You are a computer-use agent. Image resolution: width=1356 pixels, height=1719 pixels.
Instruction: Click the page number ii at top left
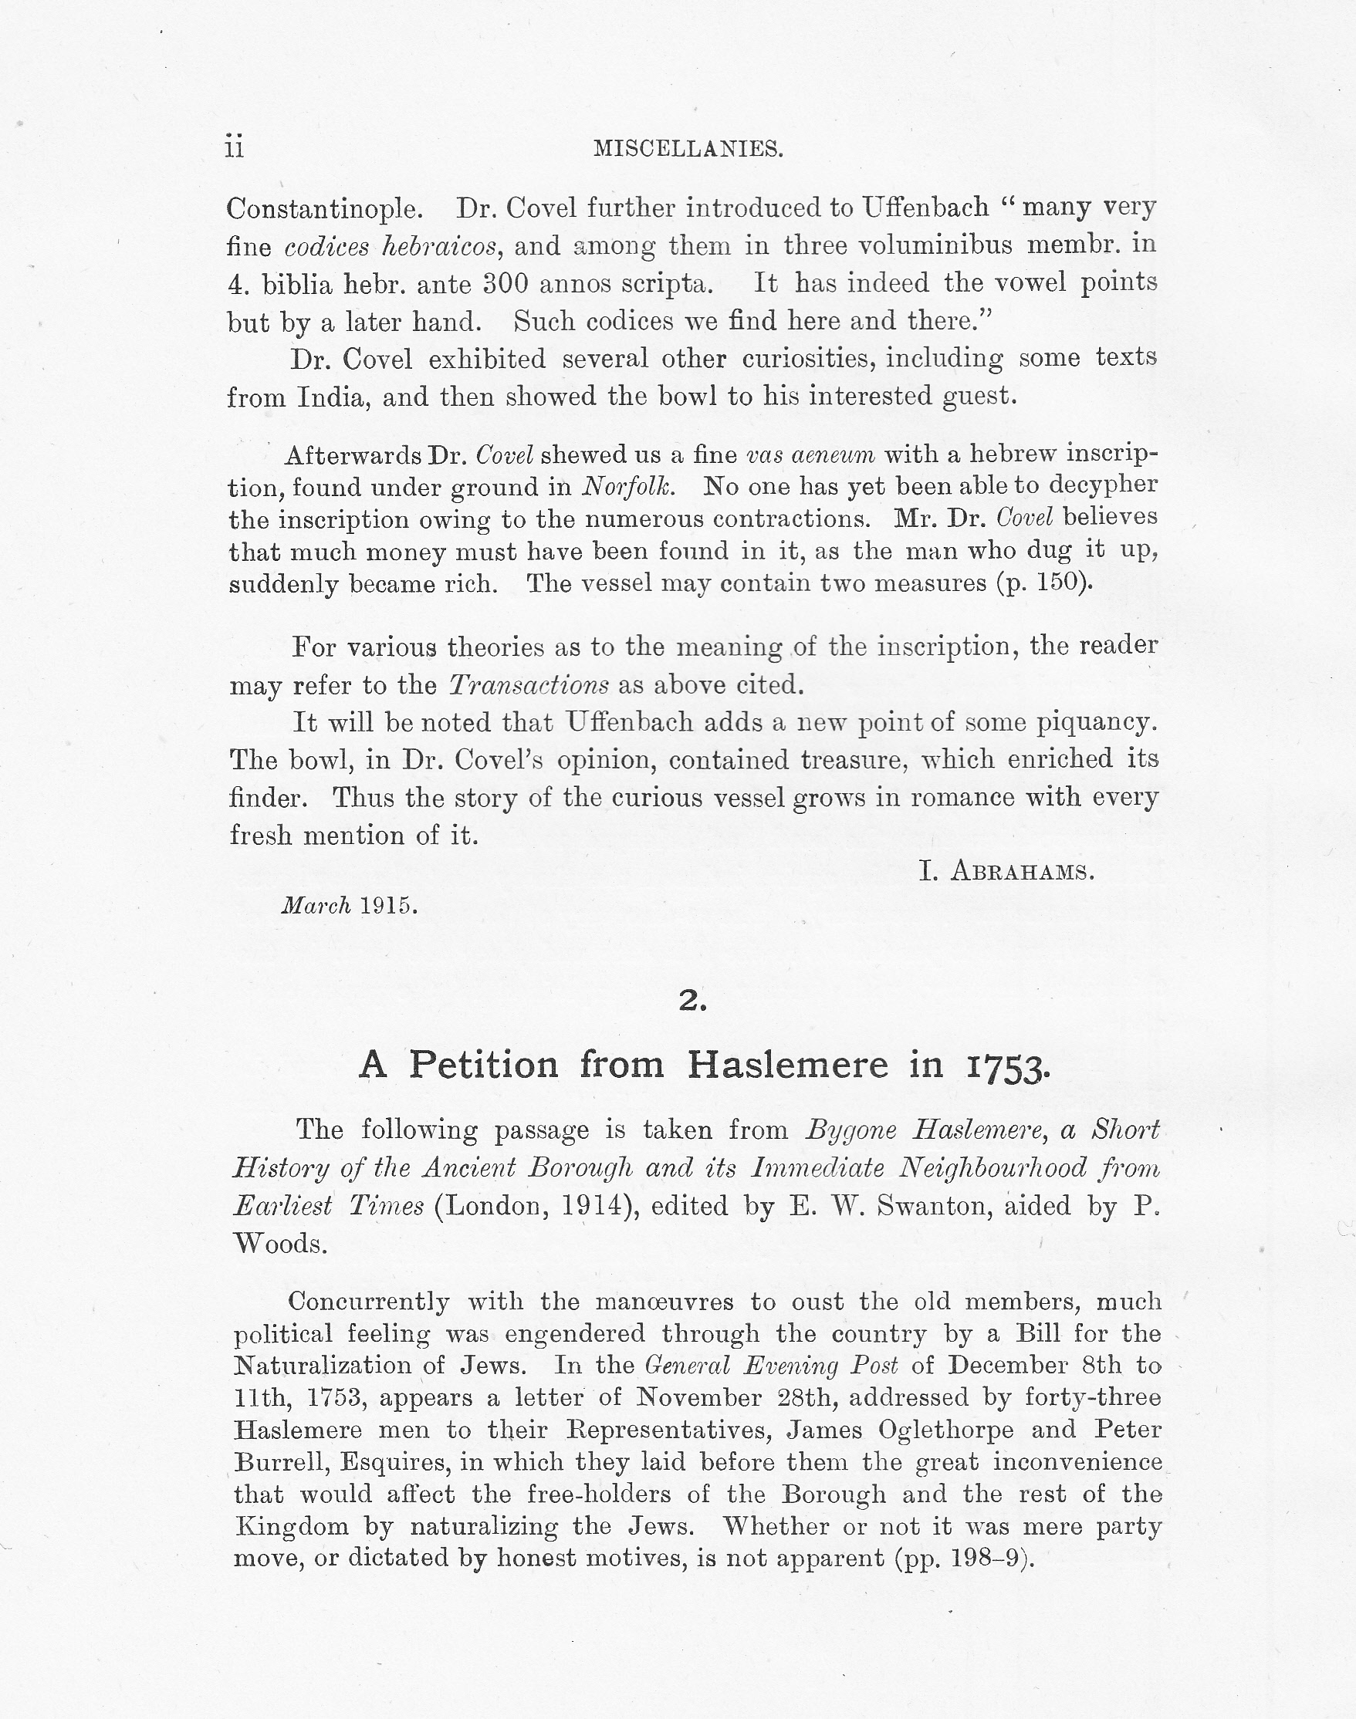[x=234, y=147]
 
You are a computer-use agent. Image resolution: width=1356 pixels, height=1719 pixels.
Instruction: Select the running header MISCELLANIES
[x=688, y=148]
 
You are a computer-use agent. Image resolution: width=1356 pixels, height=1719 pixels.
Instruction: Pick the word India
[x=333, y=397]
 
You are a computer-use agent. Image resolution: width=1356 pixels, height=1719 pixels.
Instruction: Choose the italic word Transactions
[x=529, y=684]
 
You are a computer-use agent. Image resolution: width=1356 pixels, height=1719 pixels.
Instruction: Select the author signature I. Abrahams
[x=1006, y=872]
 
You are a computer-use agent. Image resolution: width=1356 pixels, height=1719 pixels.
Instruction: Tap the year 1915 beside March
[x=388, y=906]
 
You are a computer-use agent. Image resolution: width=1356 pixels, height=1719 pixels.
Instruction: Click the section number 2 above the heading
[x=692, y=1001]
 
